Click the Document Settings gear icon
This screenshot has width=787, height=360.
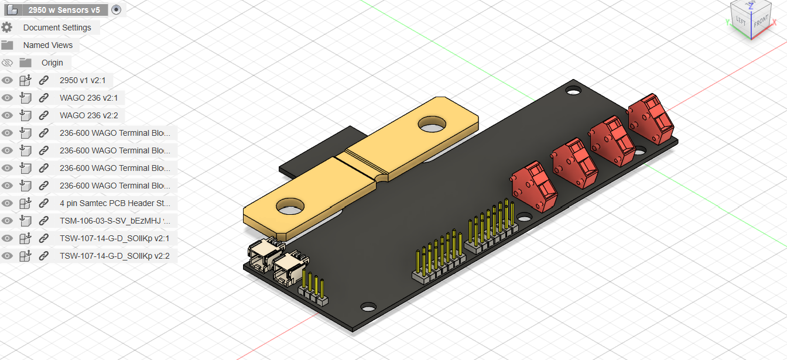tap(7, 28)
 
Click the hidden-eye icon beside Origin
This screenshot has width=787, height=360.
tap(7, 63)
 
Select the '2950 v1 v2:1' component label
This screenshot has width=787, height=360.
tap(83, 80)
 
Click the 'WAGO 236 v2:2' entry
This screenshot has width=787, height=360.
tap(88, 115)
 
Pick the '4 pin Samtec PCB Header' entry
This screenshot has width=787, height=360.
tap(115, 203)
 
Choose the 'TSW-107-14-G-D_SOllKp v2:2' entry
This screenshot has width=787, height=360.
tap(114, 256)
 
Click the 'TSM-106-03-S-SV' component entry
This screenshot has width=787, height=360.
tap(115, 221)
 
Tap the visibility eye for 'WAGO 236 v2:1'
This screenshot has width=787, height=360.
tap(7, 98)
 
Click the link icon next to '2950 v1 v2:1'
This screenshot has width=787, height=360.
tap(43, 80)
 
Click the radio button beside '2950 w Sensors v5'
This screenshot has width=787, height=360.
tap(116, 9)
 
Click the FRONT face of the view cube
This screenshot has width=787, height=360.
tap(761, 23)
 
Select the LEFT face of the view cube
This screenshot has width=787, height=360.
tap(741, 22)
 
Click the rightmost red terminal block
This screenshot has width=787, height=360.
tap(650, 119)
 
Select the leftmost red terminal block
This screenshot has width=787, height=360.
tap(533, 186)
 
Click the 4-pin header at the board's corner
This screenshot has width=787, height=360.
tap(313, 292)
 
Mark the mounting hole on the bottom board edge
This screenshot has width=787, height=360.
tap(368, 307)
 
